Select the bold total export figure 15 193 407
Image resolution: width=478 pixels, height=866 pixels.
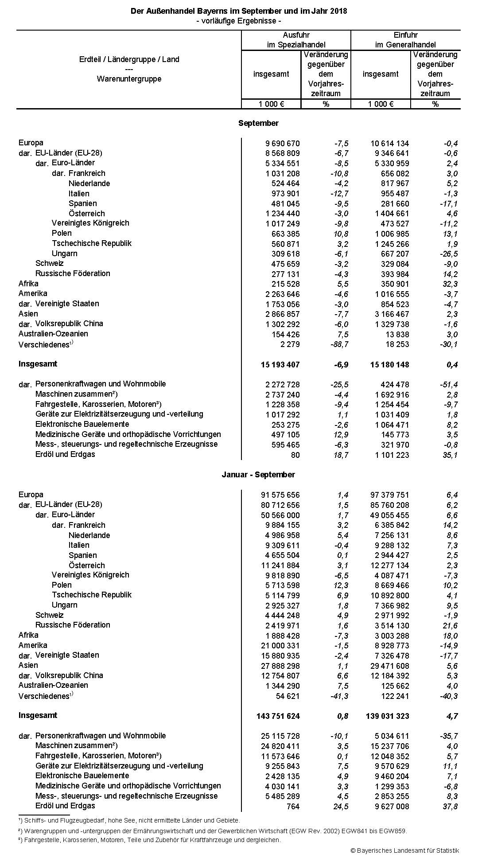pos(280,365)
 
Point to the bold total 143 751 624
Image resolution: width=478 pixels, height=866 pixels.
pos(278,716)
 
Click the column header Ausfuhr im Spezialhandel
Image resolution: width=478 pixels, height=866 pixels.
pos(296,40)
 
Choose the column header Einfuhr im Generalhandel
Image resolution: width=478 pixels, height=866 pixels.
pos(405,40)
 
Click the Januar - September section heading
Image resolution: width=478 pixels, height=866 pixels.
pos(258,475)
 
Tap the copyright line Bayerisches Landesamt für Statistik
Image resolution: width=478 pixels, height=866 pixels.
pos(404,850)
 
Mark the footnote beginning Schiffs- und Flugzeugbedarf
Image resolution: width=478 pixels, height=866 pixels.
pos(129,820)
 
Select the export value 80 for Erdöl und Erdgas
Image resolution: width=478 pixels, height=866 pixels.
pos(295,455)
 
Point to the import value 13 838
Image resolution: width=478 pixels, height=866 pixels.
pos(397,335)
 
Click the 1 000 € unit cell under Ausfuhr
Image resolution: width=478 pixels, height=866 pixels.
pos(271,104)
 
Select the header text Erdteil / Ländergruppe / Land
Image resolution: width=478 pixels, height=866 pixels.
pos(129,59)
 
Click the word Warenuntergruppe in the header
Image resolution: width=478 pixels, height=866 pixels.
pos(129,79)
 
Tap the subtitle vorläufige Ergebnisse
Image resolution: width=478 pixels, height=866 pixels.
pos(239,21)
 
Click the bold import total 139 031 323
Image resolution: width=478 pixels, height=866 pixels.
pos(388,716)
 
